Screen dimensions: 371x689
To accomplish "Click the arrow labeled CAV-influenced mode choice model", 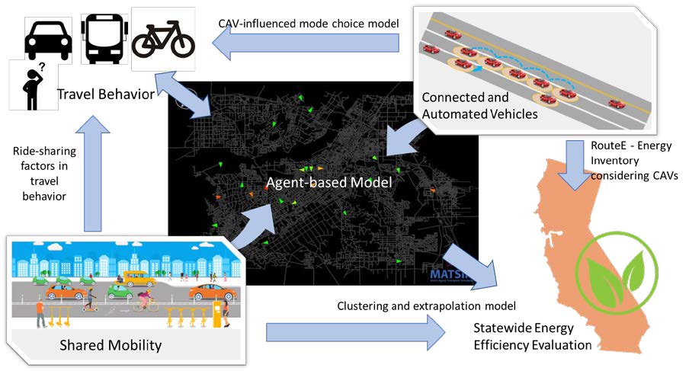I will tap(305, 45).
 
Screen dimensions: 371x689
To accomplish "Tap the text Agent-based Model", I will tap(328, 183).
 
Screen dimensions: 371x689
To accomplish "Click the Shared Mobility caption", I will tap(111, 345).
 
